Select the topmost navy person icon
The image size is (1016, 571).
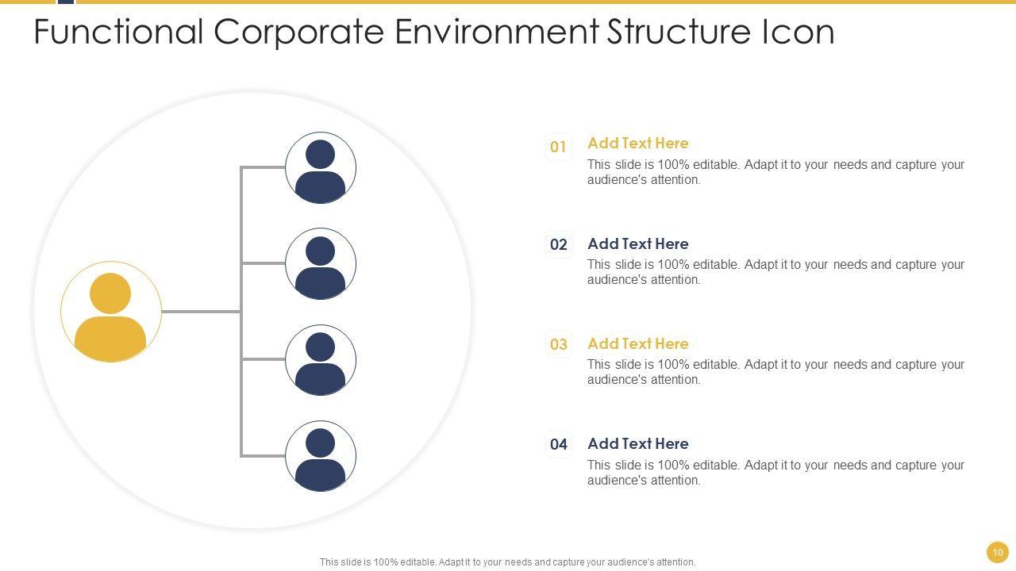click(321, 168)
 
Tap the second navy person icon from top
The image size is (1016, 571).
click(321, 264)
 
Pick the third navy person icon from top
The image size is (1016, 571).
click(321, 360)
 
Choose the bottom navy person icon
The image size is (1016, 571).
click(321, 456)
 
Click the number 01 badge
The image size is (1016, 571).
click(559, 147)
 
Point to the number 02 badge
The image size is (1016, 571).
click(559, 244)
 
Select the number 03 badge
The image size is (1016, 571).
click(559, 344)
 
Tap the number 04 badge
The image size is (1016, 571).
click(559, 444)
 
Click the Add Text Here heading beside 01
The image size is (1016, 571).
click(637, 144)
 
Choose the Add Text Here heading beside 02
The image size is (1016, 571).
click(637, 243)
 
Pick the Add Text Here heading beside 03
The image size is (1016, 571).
click(637, 343)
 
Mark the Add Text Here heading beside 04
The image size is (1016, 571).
click(637, 443)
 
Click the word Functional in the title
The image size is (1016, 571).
click(119, 32)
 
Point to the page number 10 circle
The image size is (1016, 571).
click(998, 552)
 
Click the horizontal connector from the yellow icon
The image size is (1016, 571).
click(201, 312)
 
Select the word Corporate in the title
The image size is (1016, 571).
click(299, 32)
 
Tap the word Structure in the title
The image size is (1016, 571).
click(679, 32)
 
